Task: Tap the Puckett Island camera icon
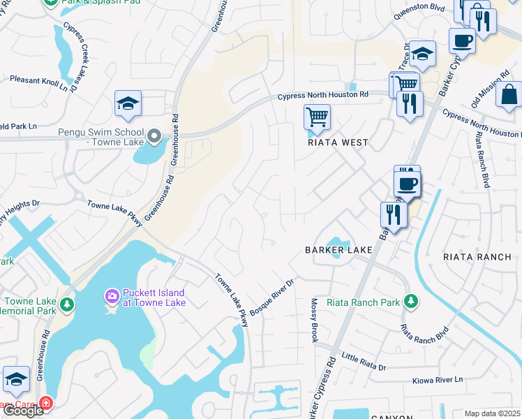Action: coord(112,297)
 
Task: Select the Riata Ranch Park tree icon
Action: coord(412,301)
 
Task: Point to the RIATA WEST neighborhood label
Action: coord(338,142)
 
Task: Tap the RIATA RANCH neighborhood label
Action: coord(477,257)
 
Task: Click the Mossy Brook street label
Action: coord(314,320)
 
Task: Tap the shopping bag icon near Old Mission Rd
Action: coord(509,94)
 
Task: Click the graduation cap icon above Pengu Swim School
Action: coord(128,103)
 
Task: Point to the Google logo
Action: coord(23,411)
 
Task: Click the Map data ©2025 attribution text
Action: coord(492,413)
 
